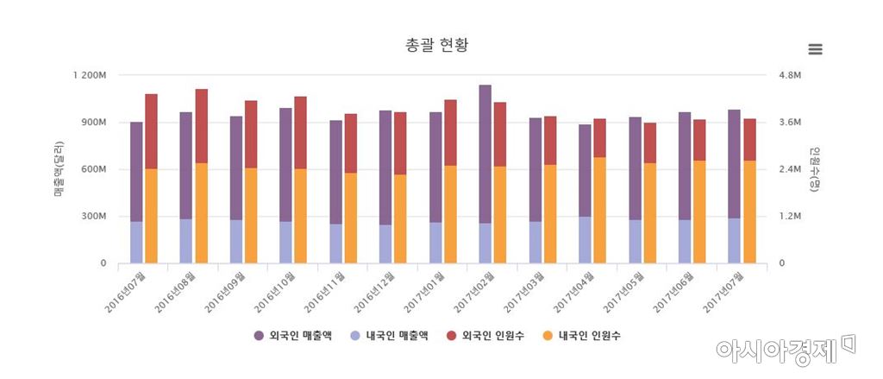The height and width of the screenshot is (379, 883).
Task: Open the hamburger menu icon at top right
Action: [815, 49]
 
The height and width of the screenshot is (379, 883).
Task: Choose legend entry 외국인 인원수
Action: [485, 335]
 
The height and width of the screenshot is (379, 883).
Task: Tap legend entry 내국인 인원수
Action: [581, 335]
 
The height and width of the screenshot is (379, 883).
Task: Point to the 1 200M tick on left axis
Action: [90, 75]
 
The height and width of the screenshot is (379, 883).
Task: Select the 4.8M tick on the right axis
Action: [791, 75]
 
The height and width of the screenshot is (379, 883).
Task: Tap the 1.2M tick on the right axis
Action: [791, 216]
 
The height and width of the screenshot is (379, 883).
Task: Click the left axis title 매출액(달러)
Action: [59, 168]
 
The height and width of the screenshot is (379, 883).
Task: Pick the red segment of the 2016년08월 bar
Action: [201, 125]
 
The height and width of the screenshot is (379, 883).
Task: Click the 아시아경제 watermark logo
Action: [783, 349]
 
